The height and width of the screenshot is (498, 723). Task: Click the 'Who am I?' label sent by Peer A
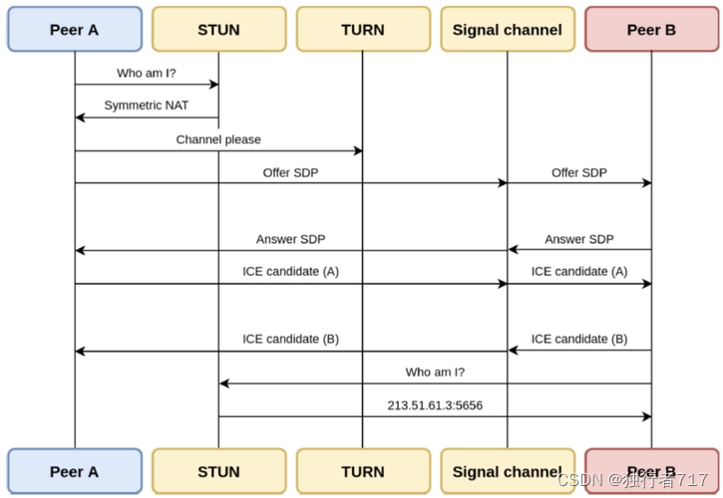[x=146, y=74]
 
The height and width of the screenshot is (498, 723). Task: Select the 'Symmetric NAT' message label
[x=146, y=106]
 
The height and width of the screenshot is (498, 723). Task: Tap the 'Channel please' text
[x=218, y=139]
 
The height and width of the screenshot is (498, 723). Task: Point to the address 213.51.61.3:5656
[x=435, y=405]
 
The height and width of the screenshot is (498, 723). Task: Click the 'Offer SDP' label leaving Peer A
[x=290, y=172]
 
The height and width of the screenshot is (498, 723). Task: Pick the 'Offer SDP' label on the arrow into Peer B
[x=579, y=172]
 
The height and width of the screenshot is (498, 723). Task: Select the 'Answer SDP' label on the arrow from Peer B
[x=579, y=239]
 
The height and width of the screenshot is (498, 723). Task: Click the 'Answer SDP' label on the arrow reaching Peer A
[x=290, y=239]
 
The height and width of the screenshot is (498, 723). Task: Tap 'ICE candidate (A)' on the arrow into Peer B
[x=579, y=271]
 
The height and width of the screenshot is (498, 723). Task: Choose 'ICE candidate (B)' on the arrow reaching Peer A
[x=290, y=339]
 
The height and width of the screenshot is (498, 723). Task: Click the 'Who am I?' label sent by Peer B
[x=435, y=372]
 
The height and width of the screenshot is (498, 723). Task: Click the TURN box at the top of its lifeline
[x=363, y=29]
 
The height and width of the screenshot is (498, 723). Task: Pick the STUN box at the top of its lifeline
[x=218, y=29]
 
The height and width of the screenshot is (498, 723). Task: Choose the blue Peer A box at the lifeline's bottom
[x=74, y=471]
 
